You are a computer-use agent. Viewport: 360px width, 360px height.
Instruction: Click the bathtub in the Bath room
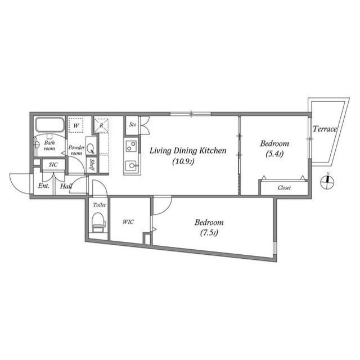point(49,125)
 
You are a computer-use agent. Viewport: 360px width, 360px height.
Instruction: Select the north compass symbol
point(327,182)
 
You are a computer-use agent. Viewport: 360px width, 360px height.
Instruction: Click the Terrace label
point(325,129)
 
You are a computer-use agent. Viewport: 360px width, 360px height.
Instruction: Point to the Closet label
point(284,188)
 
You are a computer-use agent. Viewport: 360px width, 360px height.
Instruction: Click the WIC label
point(128,222)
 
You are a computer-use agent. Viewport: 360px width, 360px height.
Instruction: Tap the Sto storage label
point(133,125)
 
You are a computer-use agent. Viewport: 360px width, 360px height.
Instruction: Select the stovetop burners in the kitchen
point(131,146)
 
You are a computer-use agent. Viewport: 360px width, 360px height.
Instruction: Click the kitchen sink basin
point(131,165)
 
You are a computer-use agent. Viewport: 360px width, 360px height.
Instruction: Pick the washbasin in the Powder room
point(91,148)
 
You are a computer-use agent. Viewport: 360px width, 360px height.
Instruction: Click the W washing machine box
point(76,125)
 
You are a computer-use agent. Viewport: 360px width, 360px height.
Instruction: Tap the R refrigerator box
point(101,125)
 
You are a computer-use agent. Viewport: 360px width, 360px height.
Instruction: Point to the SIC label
point(53,165)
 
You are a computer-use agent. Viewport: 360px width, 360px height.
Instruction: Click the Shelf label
point(92,165)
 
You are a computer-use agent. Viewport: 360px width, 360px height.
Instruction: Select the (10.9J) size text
point(183,161)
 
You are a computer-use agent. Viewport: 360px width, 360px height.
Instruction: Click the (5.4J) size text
point(274,154)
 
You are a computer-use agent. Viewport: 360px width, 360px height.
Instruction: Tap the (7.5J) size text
point(209,233)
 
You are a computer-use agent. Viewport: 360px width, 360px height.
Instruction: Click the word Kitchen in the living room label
point(213,151)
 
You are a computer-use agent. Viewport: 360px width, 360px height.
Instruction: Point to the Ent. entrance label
point(44,186)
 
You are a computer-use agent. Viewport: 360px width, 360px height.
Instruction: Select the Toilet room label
point(99,205)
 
